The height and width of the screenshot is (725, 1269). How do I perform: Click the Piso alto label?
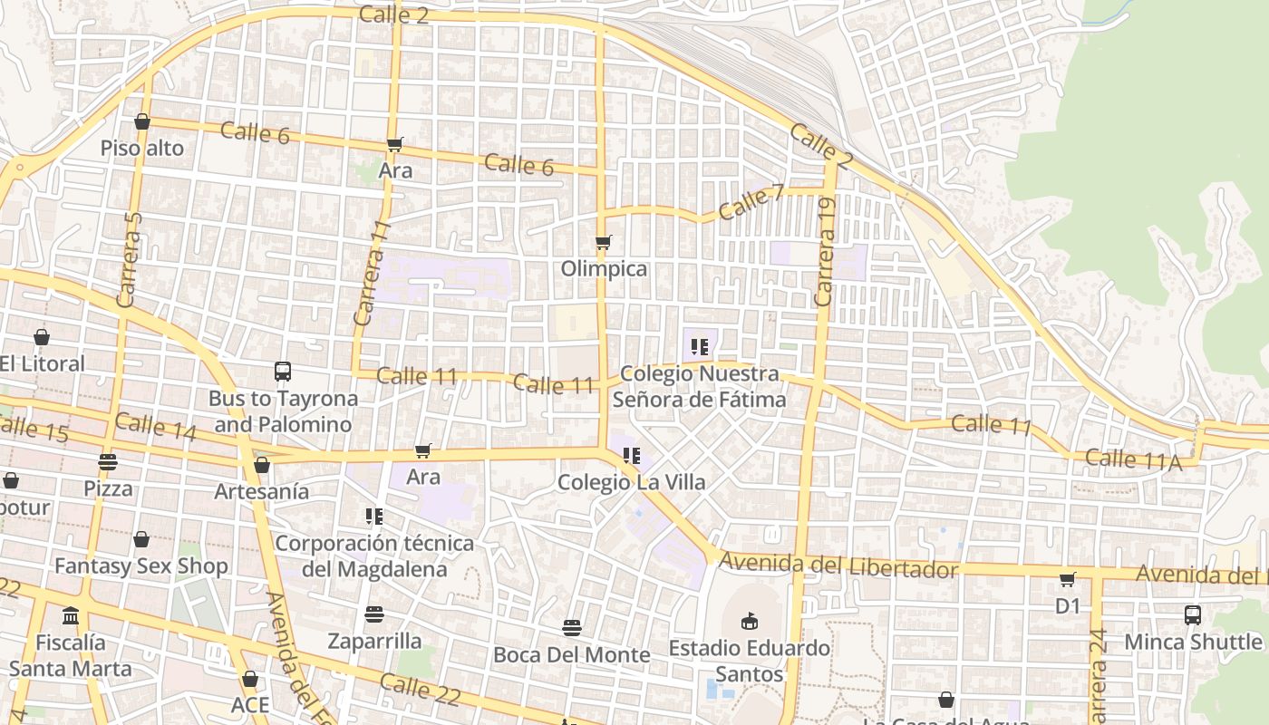pyautogui.click(x=142, y=148)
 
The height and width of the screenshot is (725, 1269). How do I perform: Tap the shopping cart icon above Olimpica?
pyautogui.click(x=603, y=242)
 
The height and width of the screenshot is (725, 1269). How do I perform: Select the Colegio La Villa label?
pyautogui.click(x=631, y=482)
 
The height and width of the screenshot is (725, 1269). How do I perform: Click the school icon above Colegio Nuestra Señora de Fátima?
pyautogui.click(x=699, y=346)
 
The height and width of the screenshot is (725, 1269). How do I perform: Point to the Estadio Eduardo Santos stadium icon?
pyautogui.click(x=749, y=621)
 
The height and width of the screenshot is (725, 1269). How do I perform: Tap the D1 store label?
pyautogui.click(x=1068, y=605)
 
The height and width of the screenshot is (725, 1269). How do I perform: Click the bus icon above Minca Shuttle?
pyautogui.click(x=1193, y=614)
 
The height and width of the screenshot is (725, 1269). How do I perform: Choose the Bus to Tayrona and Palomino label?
pyautogui.click(x=283, y=411)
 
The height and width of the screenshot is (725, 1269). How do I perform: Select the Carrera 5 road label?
pyautogui.click(x=131, y=257)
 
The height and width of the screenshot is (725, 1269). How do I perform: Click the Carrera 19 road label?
pyautogui.click(x=825, y=252)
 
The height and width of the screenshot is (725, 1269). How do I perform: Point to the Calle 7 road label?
pyautogui.click(x=751, y=201)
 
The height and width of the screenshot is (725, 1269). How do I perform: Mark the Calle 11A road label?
pyautogui.click(x=1133, y=459)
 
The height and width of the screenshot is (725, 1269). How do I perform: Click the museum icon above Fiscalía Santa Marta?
pyautogui.click(x=71, y=616)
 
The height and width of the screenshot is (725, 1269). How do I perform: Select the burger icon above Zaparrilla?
pyautogui.click(x=374, y=614)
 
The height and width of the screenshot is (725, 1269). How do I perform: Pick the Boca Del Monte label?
pyautogui.click(x=571, y=654)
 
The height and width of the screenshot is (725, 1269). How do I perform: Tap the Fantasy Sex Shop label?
pyautogui.click(x=141, y=566)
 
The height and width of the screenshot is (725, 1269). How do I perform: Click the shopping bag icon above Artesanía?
pyautogui.click(x=262, y=465)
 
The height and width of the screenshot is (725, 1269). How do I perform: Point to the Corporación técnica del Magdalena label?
pyautogui.click(x=374, y=556)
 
